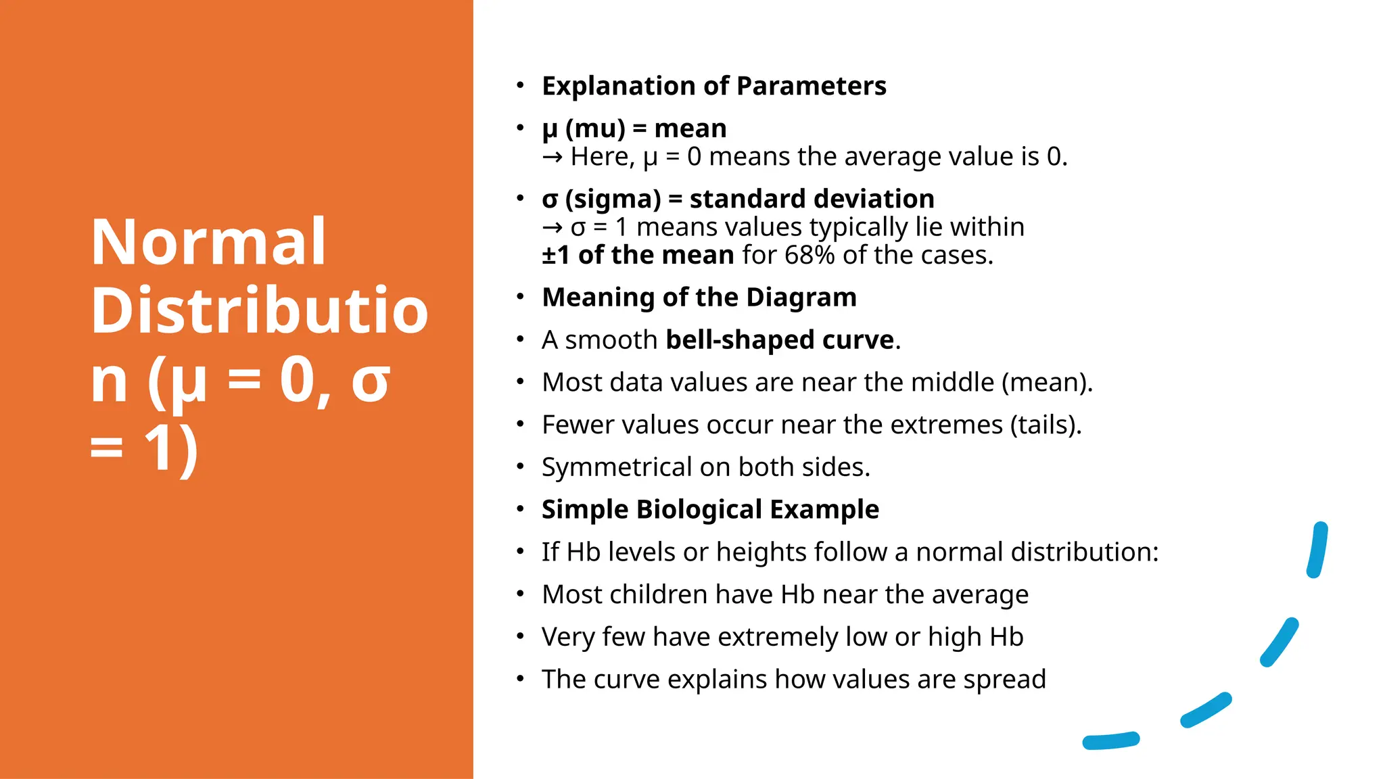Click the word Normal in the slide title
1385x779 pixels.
(208, 242)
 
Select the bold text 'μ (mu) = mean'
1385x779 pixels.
(634, 128)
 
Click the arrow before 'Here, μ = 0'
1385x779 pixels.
(552, 157)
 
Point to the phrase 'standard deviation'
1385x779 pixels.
(812, 199)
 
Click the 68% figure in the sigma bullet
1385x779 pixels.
(809, 255)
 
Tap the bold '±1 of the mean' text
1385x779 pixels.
(637, 255)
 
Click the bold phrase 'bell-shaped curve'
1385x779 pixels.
(780, 339)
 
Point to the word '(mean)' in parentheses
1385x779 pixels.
(1046, 383)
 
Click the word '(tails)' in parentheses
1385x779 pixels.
(1046, 425)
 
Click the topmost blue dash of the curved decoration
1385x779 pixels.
(1317, 550)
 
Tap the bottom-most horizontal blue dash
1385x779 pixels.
(1110, 740)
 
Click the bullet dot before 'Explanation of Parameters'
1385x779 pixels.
(519, 86)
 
